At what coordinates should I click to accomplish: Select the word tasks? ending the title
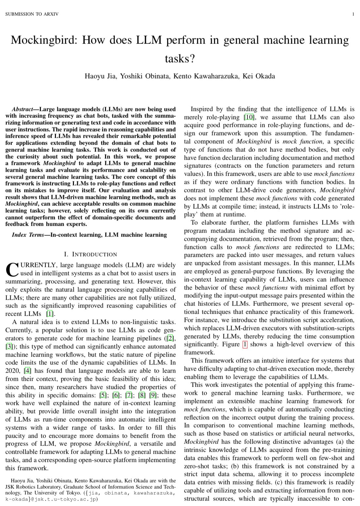click(180, 59)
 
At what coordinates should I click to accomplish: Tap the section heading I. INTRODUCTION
click(91, 254)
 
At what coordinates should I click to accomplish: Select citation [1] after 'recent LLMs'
click(50, 314)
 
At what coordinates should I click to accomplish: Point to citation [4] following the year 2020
click(28, 371)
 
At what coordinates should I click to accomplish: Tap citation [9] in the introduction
click(153, 395)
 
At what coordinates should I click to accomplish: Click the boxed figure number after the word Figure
click(244, 344)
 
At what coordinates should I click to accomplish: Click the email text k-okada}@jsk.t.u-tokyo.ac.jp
click(52, 499)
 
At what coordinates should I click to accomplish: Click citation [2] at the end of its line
click(171, 338)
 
